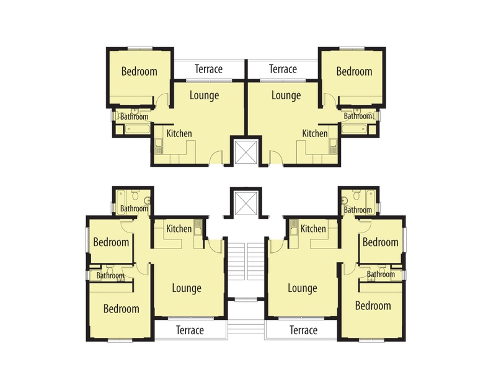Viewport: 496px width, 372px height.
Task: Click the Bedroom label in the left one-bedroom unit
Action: click(x=139, y=71)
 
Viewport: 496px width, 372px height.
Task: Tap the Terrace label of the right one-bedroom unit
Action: click(x=283, y=69)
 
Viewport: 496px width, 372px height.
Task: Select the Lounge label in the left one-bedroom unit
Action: click(x=204, y=95)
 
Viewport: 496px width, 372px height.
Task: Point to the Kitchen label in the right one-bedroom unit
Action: click(x=315, y=133)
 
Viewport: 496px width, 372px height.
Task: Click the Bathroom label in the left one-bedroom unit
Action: click(x=134, y=117)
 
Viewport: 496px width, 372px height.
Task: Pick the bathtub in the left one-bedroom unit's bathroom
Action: click(x=137, y=129)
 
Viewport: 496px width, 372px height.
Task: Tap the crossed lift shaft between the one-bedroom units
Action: click(x=246, y=153)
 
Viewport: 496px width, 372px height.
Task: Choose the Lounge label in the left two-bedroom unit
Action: click(x=187, y=288)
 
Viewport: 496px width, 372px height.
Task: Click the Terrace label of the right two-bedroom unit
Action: click(x=303, y=330)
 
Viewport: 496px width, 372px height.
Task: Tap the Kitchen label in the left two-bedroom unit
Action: click(x=179, y=228)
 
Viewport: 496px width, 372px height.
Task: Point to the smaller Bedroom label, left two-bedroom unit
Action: click(x=111, y=242)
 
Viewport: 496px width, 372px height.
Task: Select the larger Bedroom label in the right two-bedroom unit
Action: click(x=373, y=306)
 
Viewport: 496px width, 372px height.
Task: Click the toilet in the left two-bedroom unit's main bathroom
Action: click(x=135, y=195)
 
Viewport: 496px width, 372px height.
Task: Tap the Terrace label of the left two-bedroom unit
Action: click(x=190, y=330)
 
